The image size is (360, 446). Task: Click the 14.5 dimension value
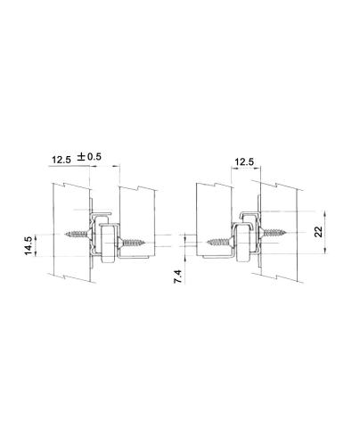pyautogui.click(x=29, y=245)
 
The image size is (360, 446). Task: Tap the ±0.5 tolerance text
pyautogui.click(x=89, y=156)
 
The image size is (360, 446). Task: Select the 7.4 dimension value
pyautogui.click(x=177, y=277)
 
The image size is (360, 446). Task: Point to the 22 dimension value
pyautogui.click(x=318, y=232)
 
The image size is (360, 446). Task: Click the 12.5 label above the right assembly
pyautogui.click(x=244, y=162)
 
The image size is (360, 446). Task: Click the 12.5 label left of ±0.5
pyautogui.click(x=61, y=160)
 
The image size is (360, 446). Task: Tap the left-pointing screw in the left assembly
pyautogui.click(x=78, y=235)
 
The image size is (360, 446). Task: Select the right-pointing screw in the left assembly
pyautogui.click(x=132, y=243)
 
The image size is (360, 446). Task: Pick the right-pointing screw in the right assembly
pyautogui.click(x=273, y=232)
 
